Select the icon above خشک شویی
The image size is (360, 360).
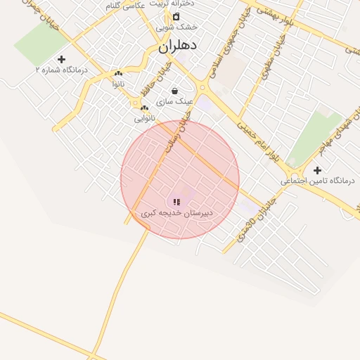click(176, 16)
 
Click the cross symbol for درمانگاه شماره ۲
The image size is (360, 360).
click(61, 59)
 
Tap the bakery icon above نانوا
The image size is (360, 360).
click(118, 73)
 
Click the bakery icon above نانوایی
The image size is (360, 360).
click(144, 108)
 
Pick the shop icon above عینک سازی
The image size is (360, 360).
click(174, 91)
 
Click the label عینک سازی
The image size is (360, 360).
click(174, 101)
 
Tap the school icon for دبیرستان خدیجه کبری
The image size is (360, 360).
click(176, 202)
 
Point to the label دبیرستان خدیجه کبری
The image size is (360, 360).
click(176, 212)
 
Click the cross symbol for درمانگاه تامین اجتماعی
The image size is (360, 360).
click(317, 170)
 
